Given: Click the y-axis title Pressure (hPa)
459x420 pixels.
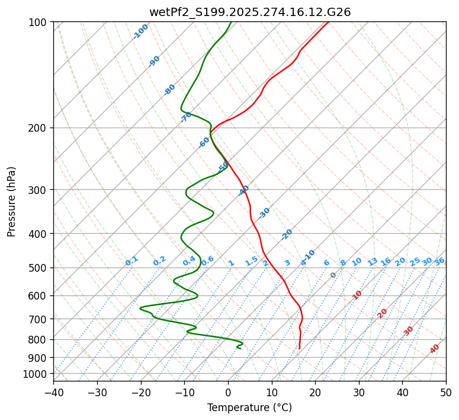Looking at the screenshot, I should pos(12,202).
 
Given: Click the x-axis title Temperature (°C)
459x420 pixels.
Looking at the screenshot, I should pos(249,408).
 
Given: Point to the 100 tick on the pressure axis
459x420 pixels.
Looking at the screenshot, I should pos(40,23).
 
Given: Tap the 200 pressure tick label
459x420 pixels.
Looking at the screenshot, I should pos(40,128).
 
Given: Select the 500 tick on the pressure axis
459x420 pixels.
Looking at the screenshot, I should pos(40,268).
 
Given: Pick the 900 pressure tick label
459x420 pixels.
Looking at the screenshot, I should pos(40,358).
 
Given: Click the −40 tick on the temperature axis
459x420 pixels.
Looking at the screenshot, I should pos(53,393).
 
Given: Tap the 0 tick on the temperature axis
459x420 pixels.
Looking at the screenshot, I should pos(228,393).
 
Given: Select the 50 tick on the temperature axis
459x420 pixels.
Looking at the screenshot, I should pos(446,393).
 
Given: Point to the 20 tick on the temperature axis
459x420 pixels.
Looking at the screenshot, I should pos(315,393).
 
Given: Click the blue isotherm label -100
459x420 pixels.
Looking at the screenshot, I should pos(141,31).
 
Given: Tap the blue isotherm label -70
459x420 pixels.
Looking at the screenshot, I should pos(186,116).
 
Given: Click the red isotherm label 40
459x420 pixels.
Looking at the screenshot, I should pos(435,349).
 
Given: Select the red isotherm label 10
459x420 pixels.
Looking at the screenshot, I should pos(357,295).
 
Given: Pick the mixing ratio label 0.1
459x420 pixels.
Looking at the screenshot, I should pos(131,261).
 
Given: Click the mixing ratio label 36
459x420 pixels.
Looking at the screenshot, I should pos(439,261).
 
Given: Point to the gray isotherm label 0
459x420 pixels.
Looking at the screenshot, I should pos(333,275).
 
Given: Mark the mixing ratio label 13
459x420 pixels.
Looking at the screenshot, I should pos(373,262).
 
